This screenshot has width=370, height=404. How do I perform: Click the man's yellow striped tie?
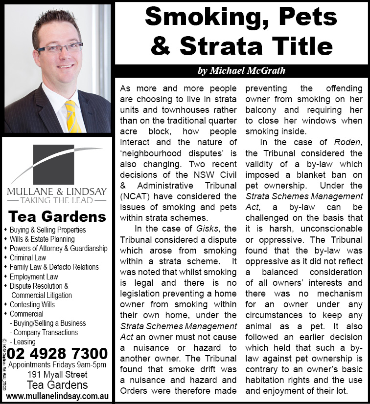coord(73,116)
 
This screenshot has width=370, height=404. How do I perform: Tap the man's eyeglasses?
coord(60,48)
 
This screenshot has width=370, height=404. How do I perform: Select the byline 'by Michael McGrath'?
coord(241,71)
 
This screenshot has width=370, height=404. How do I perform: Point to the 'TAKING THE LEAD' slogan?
coord(57,200)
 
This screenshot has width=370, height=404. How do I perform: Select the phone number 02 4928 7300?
coord(57,353)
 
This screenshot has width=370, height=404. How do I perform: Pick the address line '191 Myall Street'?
coord(57,375)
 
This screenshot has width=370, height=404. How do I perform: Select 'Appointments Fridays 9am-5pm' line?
coord(57,365)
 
